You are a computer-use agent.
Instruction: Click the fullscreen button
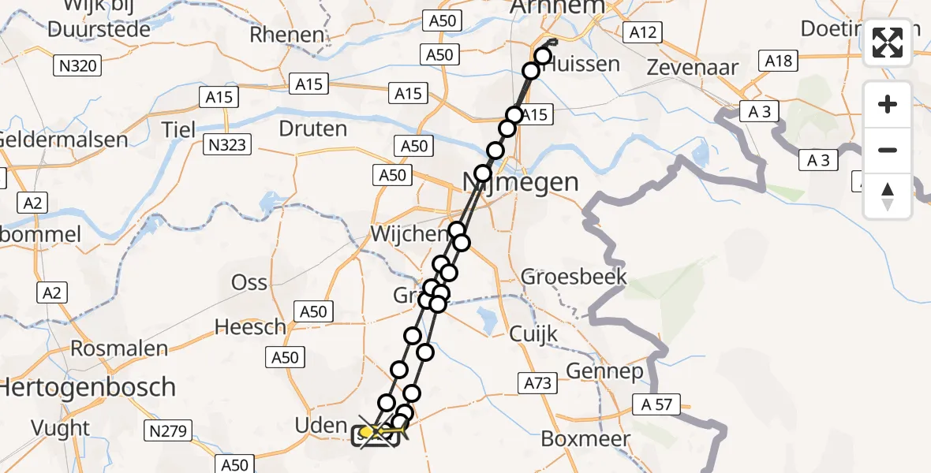[888, 43]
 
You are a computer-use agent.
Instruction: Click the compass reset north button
[888, 196]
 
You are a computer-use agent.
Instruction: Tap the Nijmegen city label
[520, 183]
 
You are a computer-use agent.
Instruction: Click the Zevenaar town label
[692, 66]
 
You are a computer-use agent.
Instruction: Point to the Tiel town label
[178, 129]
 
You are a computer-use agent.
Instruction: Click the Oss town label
[249, 282]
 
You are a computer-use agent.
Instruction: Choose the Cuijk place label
[533, 333]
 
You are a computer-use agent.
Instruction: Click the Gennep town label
[604, 371]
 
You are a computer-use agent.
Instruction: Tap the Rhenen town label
[287, 35]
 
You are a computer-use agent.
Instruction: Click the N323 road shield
[225, 144]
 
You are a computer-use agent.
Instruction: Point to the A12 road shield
[641, 32]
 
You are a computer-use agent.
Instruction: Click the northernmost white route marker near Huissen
[543, 55]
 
